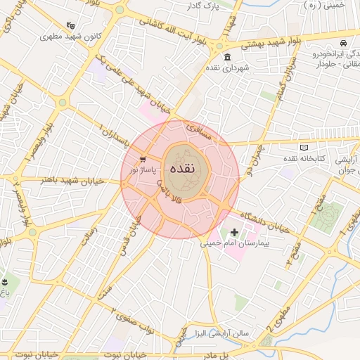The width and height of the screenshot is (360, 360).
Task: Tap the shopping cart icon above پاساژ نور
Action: [x=143, y=160]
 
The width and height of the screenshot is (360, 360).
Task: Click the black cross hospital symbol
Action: [x=234, y=232]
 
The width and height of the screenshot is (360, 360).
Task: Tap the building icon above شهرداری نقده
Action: [x=226, y=57]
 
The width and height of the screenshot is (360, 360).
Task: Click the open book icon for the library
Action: [x=304, y=148]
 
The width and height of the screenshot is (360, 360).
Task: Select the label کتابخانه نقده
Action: [x=304, y=159]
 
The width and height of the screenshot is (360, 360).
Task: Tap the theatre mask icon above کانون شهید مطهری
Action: [x=70, y=25]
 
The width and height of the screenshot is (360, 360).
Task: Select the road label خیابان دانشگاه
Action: [x=263, y=221]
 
